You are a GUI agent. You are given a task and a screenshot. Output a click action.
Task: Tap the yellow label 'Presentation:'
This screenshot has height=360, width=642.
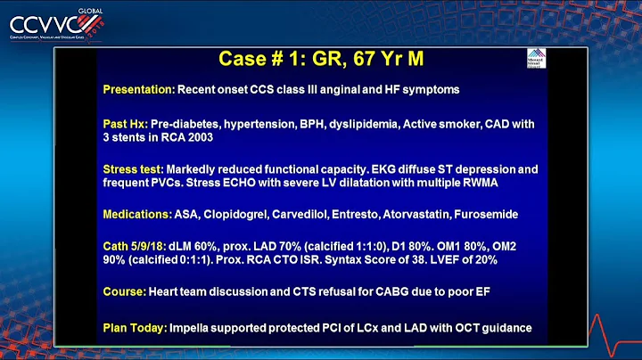coord(138,89)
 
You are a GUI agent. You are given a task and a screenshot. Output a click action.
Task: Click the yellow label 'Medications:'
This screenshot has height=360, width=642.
coord(138,214)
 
